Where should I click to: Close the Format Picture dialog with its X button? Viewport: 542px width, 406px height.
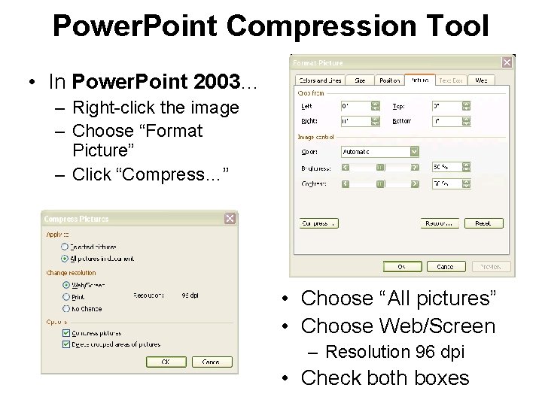(x=507, y=63)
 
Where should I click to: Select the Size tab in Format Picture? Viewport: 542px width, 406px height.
(x=360, y=80)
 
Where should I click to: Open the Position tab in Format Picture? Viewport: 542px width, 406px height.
(x=389, y=80)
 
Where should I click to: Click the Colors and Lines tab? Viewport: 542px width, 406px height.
(x=320, y=80)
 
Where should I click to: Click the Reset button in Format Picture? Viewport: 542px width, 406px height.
(x=483, y=223)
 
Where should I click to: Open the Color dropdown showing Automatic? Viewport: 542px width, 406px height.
(x=414, y=152)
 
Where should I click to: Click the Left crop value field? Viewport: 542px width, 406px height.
(x=356, y=107)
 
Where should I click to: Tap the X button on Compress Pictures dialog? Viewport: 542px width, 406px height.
(x=230, y=219)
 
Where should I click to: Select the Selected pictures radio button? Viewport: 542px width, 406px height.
(x=65, y=246)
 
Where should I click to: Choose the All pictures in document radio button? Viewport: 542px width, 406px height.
(x=65, y=258)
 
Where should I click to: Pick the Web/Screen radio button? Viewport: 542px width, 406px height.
(x=66, y=285)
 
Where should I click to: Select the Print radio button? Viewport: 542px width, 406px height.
(x=66, y=296)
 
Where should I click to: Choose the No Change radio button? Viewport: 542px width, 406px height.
(x=66, y=308)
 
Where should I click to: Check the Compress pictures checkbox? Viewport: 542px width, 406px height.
(x=66, y=332)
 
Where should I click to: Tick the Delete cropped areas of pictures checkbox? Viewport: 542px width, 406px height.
(x=66, y=344)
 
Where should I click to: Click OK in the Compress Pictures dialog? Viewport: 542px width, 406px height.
(x=166, y=362)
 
